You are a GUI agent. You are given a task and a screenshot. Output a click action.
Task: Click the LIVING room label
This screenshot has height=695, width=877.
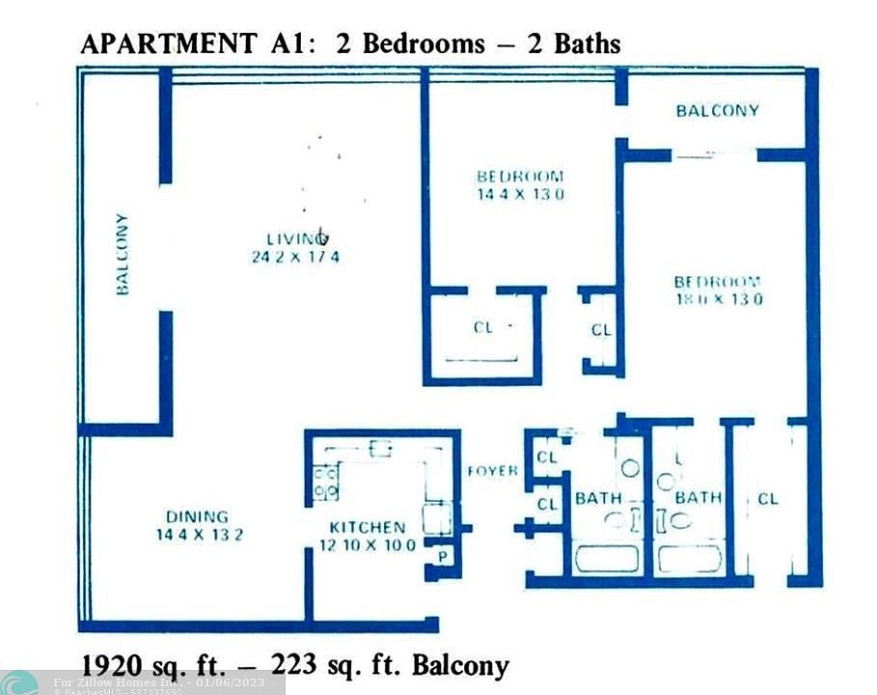(x=296, y=238)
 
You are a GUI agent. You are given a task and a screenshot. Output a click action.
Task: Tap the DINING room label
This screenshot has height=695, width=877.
(x=196, y=516)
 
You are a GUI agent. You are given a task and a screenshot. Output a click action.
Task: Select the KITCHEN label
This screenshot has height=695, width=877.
(x=368, y=527)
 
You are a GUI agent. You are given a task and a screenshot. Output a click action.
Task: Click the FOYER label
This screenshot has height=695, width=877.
(x=492, y=471)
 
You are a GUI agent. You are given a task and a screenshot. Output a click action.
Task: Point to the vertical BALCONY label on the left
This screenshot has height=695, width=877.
(x=123, y=254)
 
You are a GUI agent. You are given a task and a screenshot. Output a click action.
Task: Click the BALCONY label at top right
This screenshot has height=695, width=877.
(x=717, y=110)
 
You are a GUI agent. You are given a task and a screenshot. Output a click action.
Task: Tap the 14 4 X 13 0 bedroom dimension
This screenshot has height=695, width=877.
(x=520, y=194)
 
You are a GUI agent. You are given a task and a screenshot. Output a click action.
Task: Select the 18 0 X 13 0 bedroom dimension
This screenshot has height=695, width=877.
(x=717, y=299)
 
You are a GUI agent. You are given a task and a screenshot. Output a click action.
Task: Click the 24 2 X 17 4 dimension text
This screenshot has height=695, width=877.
(x=294, y=257)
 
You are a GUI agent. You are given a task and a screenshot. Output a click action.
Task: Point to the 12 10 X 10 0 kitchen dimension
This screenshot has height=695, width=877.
(x=368, y=545)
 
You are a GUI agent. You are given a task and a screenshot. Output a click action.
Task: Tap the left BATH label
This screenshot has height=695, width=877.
(x=599, y=498)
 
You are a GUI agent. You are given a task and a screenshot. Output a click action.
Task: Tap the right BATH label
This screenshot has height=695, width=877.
(x=698, y=498)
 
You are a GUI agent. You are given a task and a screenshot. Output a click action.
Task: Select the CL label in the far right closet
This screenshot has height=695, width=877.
(x=768, y=499)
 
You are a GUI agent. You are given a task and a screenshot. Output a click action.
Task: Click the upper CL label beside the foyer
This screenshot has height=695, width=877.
(x=547, y=458)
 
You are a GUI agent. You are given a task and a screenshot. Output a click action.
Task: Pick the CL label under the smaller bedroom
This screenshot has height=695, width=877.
(x=483, y=327)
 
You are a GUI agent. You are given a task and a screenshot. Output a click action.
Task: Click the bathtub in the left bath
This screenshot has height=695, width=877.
(x=606, y=559)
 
